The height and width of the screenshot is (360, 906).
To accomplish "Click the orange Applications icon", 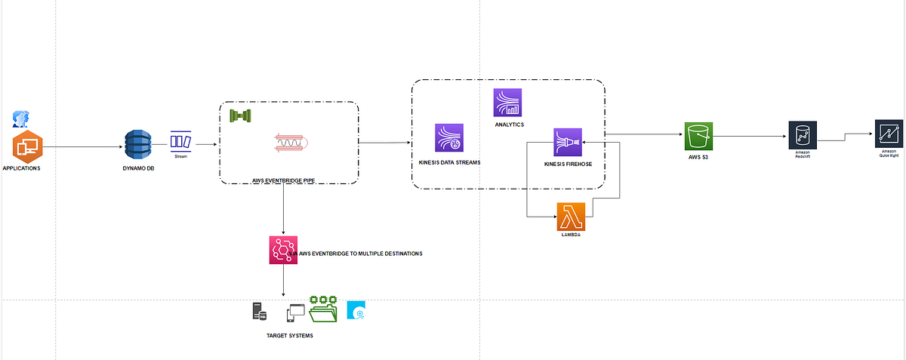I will [27, 146].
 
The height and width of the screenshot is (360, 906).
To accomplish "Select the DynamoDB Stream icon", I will [180, 141].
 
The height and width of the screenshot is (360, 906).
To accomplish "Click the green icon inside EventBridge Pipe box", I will [240, 115].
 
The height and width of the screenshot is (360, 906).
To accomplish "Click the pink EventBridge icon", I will [283, 250].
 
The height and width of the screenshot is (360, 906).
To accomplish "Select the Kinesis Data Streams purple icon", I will [449, 138].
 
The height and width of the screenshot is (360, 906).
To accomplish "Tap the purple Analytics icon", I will [508, 103].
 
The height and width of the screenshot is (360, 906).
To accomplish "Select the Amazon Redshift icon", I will [802, 135].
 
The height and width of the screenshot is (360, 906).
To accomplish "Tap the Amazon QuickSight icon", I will [888, 134].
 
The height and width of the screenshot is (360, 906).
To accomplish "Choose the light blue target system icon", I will [356, 311].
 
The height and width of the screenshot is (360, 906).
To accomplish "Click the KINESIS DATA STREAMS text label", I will [449, 163].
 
